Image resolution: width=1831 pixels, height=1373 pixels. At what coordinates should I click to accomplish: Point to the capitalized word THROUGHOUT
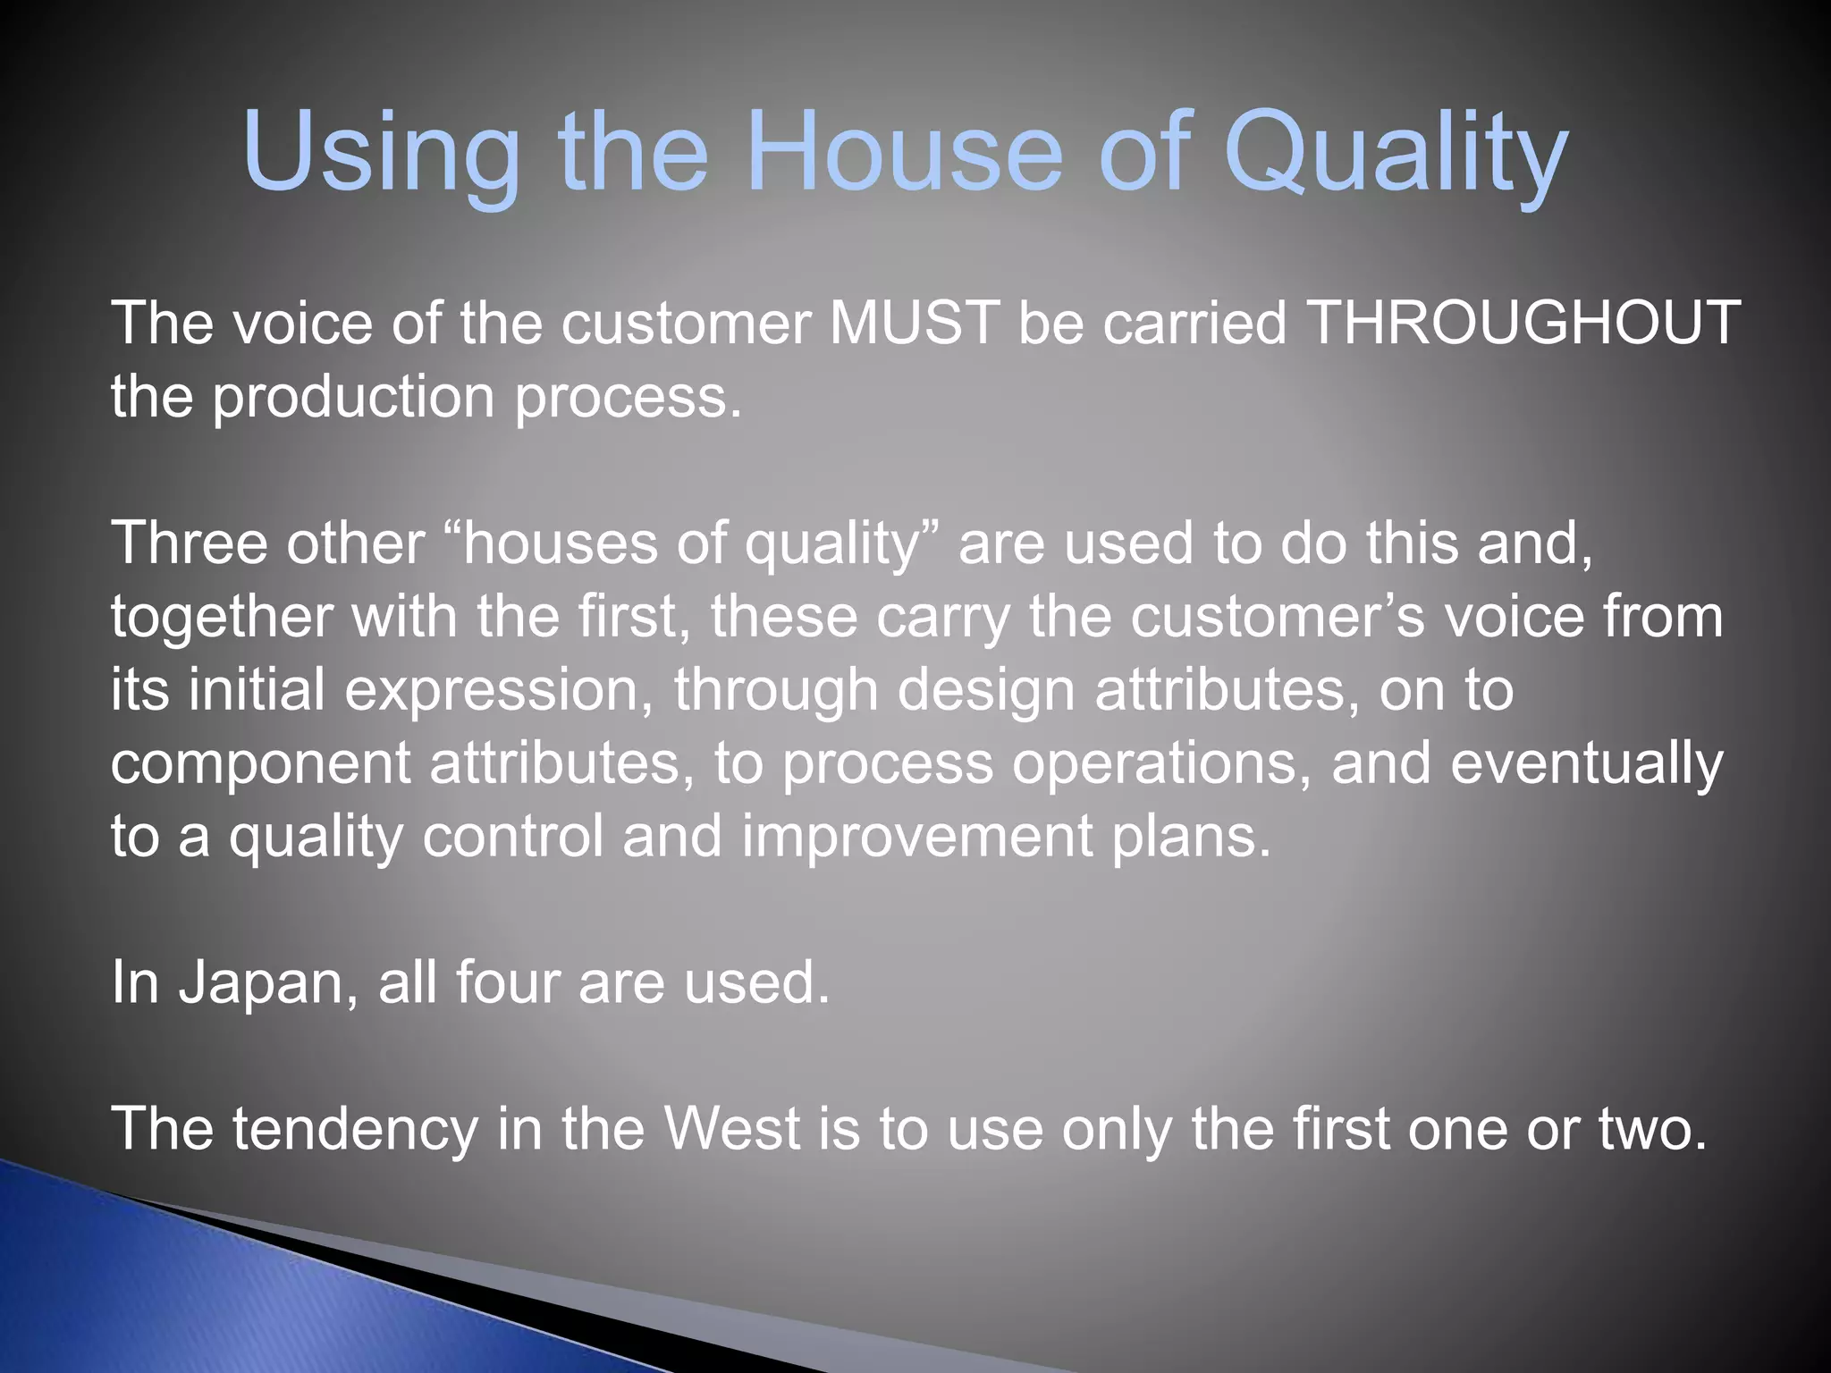(1523, 323)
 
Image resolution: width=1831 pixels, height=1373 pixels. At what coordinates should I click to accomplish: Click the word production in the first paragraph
(353, 397)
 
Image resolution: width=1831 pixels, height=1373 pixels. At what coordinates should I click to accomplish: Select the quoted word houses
(560, 543)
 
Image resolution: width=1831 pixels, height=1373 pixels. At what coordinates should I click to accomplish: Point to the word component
(260, 764)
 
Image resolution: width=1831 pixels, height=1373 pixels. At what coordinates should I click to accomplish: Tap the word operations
(1154, 763)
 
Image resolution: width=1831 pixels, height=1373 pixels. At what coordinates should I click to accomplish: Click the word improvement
(917, 838)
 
